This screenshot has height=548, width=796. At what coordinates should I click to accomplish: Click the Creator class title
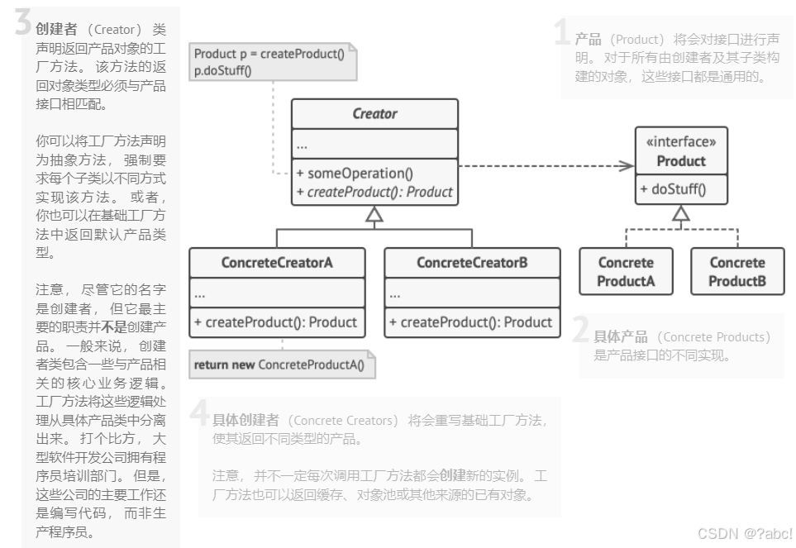coord(374,114)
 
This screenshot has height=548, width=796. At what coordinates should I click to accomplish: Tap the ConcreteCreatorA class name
coord(277,263)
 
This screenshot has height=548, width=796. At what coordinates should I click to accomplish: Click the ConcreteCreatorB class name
coord(472,263)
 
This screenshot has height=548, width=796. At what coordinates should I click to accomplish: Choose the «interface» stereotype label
coord(681,142)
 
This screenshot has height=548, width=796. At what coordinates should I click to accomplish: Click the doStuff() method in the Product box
coord(673,189)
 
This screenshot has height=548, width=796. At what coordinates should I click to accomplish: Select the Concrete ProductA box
coord(626,272)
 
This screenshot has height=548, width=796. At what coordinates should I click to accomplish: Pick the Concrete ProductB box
coord(737,272)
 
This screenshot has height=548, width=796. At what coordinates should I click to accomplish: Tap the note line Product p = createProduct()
coord(269,54)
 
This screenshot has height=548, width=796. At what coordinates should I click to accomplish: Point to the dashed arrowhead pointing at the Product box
coord(627,166)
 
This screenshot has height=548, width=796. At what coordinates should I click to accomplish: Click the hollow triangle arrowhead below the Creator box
coord(374,217)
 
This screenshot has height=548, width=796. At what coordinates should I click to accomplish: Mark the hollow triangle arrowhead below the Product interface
coord(681,213)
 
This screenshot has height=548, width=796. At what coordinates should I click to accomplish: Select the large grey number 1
coord(563,33)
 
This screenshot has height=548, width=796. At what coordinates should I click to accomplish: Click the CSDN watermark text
coord(745,533)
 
